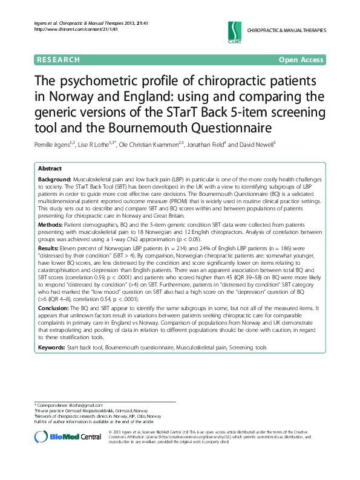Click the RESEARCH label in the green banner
[x=58, y=60]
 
